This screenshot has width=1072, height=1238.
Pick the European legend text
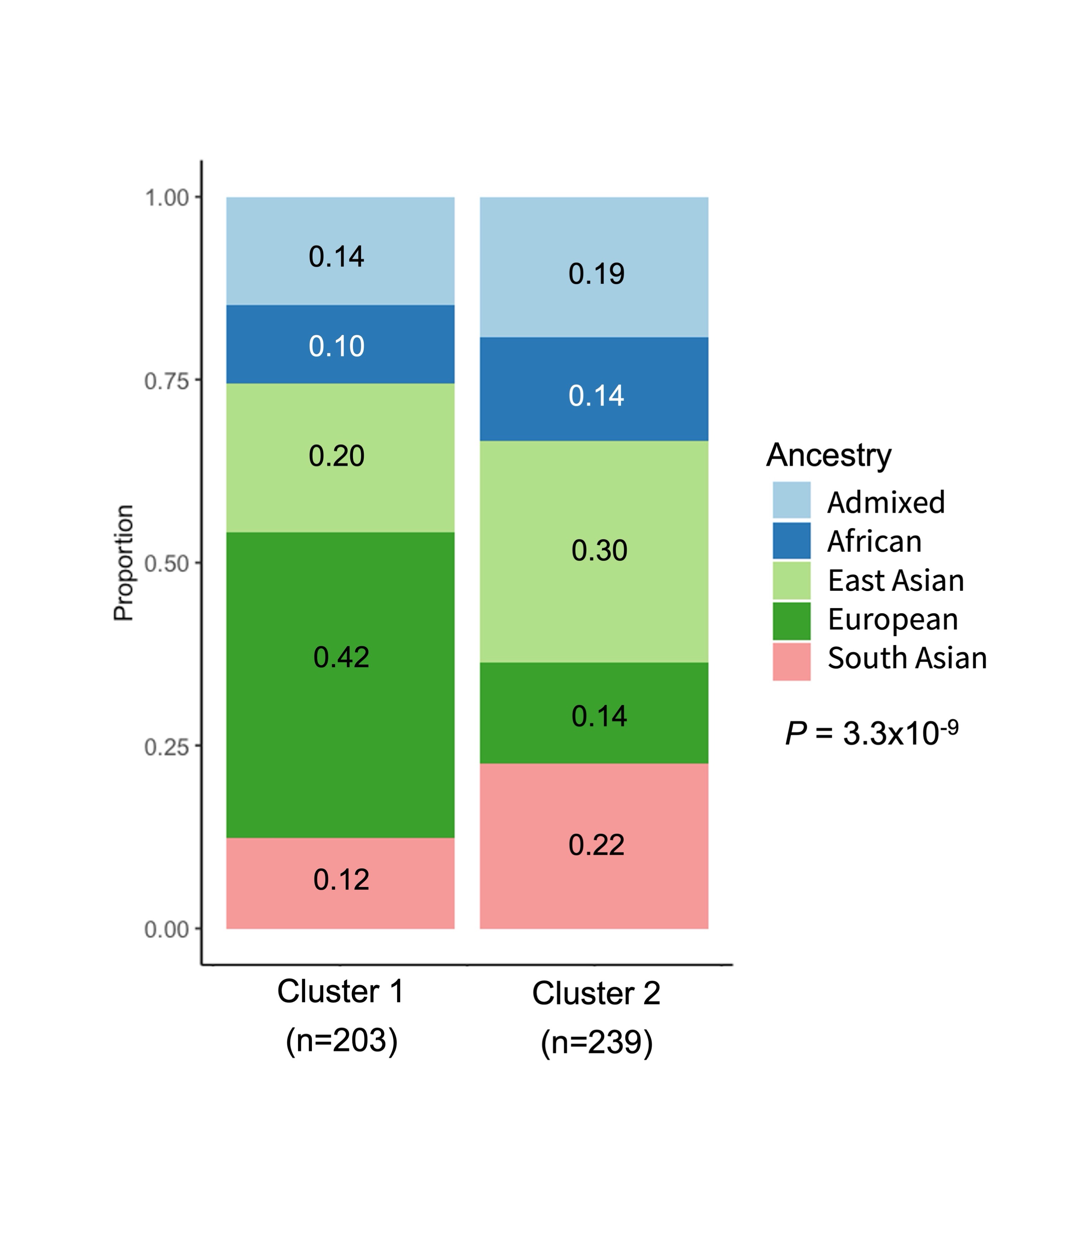[893, 619]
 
